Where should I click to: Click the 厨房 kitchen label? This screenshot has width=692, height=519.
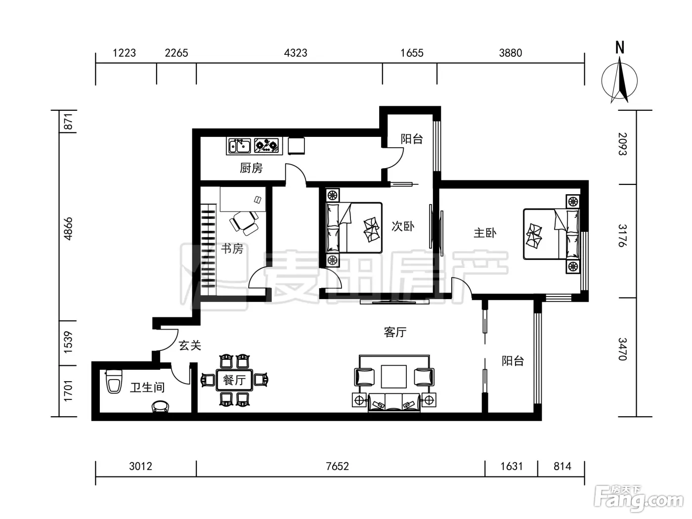pyautogui.click(x=251, y=168)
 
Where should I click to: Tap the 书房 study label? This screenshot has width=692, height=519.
pyautogui.click(x=232, y=249)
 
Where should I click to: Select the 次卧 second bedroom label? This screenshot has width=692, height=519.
pyautogui.click(x=402, y=226)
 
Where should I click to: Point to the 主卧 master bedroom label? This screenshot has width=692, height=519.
pyautogui.click(x=485, y=233)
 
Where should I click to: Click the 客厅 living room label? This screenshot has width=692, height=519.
pyautogui.click(x=395, y=332)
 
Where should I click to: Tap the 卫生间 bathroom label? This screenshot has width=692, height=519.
pyautogui.click(x=147, y=388)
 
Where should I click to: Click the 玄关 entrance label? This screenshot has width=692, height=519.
pyautogui.click(x=190, y=346)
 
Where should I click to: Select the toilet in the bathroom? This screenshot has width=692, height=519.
pyautogui.click(x=114, y=382)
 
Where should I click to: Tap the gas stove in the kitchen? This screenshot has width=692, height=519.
pyautogui.click(x=266, y=146)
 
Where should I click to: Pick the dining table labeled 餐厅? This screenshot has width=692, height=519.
pyautogui.click(x=234, y=380)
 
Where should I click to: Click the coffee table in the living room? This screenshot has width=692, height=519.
pyautogui.click(x=393, y=377)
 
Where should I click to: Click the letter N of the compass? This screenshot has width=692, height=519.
pyautogui.click(x=620, y=47)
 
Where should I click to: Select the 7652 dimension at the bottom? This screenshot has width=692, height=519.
pyautogui.click(x=337, y=467)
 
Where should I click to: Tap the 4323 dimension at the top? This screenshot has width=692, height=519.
pyautogui.click(x=296, y=53)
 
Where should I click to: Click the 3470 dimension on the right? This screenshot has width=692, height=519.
pyautogui.click(x=622, y=349)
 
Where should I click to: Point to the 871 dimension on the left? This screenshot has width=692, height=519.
pyautogui.click(x=68, y=122)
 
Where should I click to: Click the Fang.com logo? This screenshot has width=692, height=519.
pyautogui.click(x=639, y=500)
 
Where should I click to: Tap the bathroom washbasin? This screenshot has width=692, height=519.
pyautogui.click(x=160, y=406)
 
